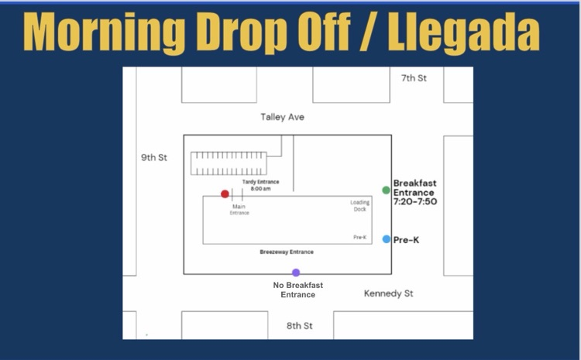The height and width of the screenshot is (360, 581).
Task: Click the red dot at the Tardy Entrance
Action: coord(225,194)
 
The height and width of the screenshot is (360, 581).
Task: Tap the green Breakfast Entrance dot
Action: coord(386,190)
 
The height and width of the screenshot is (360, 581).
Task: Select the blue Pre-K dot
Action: coord(387,239)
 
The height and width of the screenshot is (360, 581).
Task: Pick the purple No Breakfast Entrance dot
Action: coord(296,273)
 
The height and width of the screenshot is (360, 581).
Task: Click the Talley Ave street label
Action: coord(282,117)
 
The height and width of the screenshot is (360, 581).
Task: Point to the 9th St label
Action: coord(154,157)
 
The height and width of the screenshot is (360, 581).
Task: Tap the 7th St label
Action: coord(414,78)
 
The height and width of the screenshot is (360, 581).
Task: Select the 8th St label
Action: coord(299,326)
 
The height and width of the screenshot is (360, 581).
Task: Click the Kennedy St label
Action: coord(388,293)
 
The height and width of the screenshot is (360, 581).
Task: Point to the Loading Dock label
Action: coord(359,206)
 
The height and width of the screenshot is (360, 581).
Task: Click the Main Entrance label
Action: coord(239,210)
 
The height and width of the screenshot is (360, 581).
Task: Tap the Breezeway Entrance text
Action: coord(287,252)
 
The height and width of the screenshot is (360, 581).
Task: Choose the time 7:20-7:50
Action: coord(415,201)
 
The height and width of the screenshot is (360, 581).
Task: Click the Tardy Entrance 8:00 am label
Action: coord(260,185)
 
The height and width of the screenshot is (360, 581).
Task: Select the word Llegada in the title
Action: coord(463,33)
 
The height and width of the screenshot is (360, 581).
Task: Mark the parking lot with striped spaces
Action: coord(229,163)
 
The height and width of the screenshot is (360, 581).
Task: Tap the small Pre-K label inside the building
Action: coord(359,238)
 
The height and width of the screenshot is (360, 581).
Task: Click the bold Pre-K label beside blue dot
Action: coord(406,240)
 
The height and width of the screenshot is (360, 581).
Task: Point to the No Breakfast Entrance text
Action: coord(298,290)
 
